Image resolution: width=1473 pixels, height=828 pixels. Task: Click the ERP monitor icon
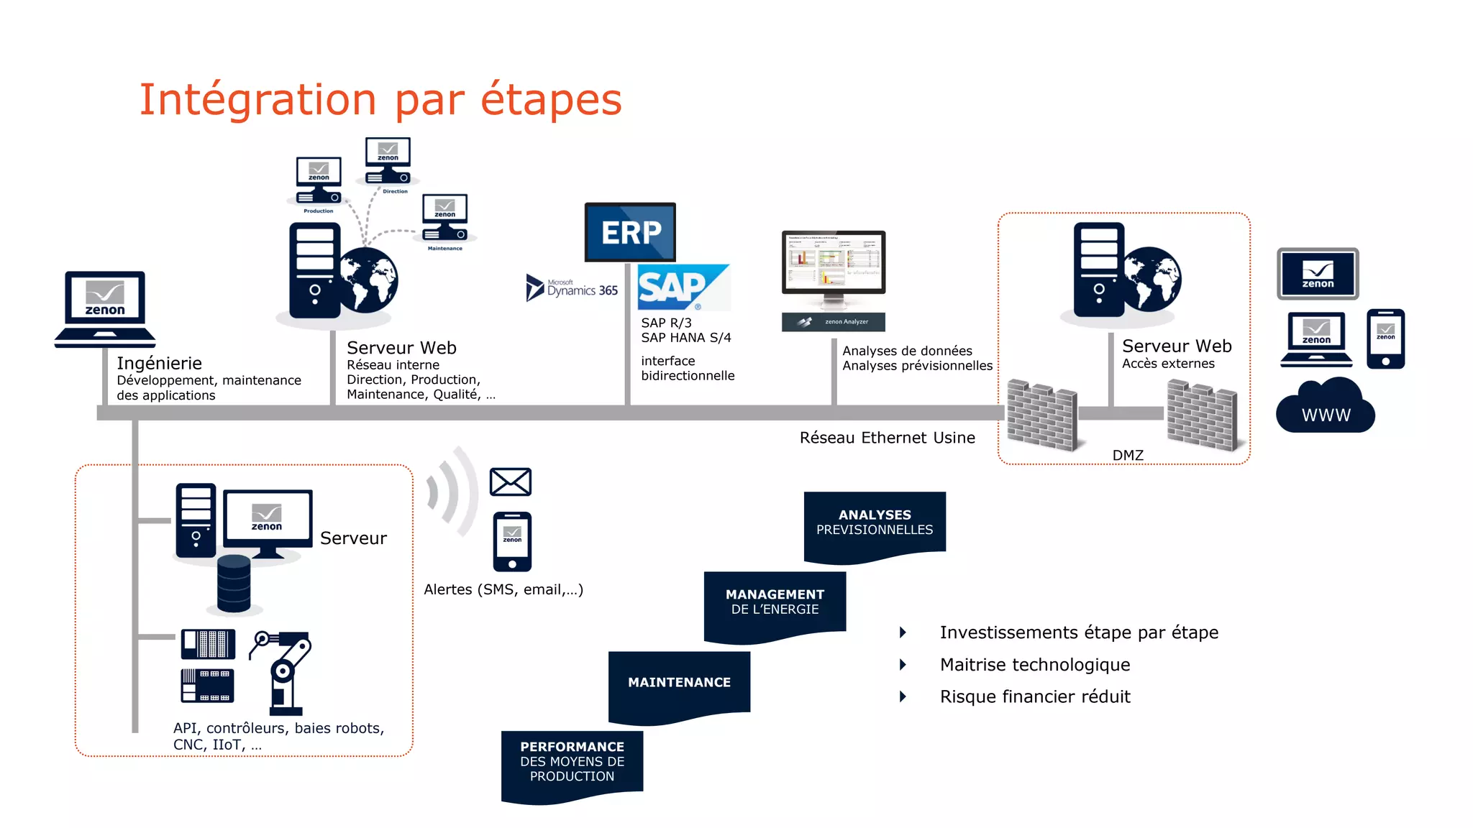[630, 231]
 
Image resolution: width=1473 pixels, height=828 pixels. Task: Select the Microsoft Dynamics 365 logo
[573, 289]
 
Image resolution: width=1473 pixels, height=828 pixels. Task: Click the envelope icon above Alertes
[510, 482]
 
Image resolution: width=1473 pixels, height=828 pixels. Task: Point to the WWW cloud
[1326, 408]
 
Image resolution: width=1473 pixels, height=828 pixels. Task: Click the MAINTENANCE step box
[679, 683]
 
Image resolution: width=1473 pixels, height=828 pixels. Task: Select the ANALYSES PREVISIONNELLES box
[875, 523]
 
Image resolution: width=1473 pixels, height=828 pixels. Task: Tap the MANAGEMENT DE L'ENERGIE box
[775, 602]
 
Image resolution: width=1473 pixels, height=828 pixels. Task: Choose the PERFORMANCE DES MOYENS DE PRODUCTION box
[572, 762]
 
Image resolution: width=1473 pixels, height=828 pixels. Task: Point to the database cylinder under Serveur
[234, 584]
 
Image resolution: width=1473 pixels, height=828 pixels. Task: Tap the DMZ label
[1127, 456]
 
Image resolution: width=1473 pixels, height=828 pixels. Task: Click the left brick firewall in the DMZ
[1041, 415]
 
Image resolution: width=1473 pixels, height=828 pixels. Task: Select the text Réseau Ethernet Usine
[887, 438]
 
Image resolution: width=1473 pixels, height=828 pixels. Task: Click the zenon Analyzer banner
[833, 322]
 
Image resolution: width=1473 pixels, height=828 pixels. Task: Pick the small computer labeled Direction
[388, 162]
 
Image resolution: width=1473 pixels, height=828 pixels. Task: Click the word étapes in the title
[550, 99]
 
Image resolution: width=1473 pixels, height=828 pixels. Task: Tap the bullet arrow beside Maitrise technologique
[903, 665]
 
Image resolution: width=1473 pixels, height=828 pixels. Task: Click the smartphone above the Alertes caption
[512, 541]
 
